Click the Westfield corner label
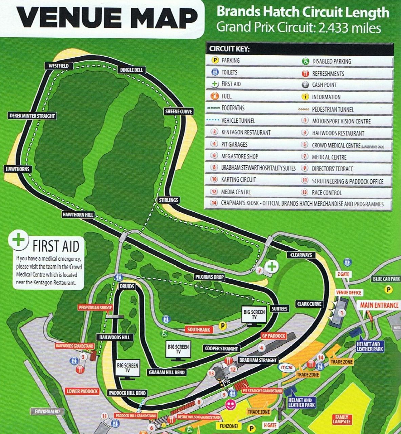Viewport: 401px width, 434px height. click(x=58, y=66)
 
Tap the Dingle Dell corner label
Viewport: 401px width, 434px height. click(x=132, y=70)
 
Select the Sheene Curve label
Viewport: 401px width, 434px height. click(x=179, y=111)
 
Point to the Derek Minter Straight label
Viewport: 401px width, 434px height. click(x=32, y=116)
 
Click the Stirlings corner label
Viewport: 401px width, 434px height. click(x=168, y=200)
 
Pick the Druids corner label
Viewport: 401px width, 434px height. click(x=127, y=286)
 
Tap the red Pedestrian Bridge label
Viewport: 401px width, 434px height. click(x=95, y=308)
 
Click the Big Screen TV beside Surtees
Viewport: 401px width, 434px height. click(x=254, y=315)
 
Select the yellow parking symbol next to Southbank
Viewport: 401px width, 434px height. click(x=223, y=326)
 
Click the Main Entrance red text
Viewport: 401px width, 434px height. click(x=379, y=305)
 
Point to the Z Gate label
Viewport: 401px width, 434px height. click(x=343, y=274)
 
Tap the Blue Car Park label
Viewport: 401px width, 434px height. click(x=386, y=279)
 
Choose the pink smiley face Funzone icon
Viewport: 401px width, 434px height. click(x=230, y=405)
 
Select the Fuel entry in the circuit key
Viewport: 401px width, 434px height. click(x=226, y=96)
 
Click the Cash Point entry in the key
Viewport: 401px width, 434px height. click(x=324, y=85)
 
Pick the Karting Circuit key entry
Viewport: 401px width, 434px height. click(x=238, y=180)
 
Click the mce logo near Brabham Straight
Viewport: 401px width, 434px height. click(x=286, y=367)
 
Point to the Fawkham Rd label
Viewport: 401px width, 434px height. click(x=47, y=411)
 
